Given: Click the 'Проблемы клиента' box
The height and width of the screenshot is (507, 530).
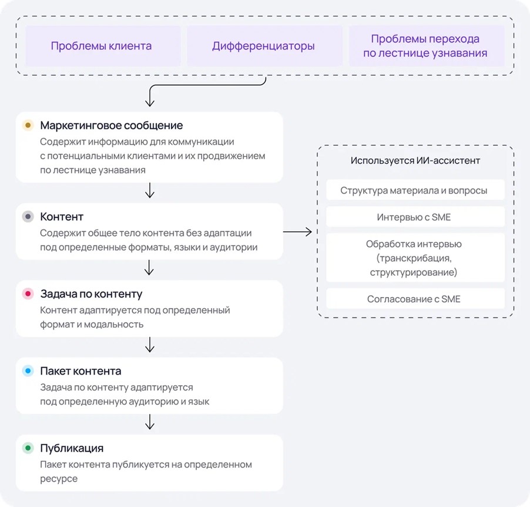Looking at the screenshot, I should pyautogui.click(x=101, y=46).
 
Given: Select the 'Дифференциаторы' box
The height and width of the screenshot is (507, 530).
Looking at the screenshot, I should pyautogui.click(x=263, y=46).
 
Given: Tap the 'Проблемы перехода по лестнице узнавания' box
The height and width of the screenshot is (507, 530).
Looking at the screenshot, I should pyautogui.click(x=425, y=46).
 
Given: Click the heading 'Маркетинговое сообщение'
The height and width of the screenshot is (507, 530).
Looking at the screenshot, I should pyautogui.click(x=112, y=125).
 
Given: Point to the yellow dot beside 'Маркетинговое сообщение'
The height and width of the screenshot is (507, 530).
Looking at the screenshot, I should pyautogui.click(x=28, y=125).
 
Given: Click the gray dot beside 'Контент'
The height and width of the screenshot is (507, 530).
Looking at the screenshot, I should pyautogui.click(x=28, y=216).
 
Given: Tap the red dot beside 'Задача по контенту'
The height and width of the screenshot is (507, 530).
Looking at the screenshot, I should pyautogui.click(x=28, y=293).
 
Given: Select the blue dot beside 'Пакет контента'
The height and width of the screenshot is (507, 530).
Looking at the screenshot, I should pyautogui.click(x=28, y=371).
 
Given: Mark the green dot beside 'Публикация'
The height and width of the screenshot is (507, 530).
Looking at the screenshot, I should pyautogui.click(x=28, y=448).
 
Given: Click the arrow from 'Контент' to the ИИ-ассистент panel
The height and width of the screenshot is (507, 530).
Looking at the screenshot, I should pyautogui.click(x=298, y=232).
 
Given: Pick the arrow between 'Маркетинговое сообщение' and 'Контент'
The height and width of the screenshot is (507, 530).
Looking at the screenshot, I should pyautogui.click(x=149, y=191).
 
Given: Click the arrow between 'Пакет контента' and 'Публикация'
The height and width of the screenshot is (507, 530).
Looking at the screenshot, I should pyautogui.click(x=149, y=422).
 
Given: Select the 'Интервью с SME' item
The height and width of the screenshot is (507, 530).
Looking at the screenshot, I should pyautogui.click(x=414, y=217).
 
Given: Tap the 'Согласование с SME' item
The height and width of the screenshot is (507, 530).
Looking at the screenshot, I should pyautogui.click(x=414, y=299).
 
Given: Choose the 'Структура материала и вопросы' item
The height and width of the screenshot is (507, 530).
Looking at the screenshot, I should pyautogui.click(x=414, y=191).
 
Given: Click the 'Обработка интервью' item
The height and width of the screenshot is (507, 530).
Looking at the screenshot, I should pyautogui.click(x=414, y=258).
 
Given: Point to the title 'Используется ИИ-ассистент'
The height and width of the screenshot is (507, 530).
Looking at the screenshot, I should pyautogui.click(x=415, y=161).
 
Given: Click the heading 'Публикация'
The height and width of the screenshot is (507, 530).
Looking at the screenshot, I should pyautogui.click(x=72, y=448).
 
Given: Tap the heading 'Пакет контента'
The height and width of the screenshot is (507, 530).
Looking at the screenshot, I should pyautogui.click(x=81, y=371).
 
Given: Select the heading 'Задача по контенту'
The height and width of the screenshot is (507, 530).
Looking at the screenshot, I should pyautogui.click(x=91, y=293).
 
